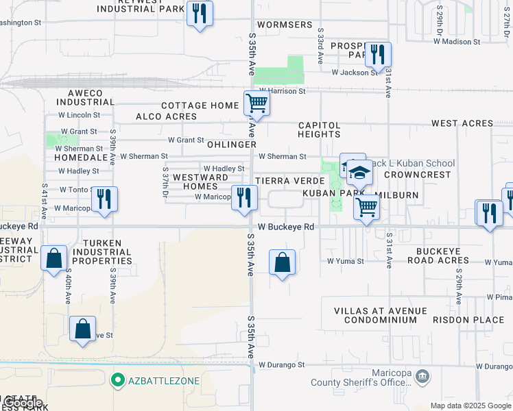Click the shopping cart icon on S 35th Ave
(256, 103)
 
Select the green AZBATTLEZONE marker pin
(117, 379)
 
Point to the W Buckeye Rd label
(286, 227)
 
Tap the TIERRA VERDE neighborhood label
(289, 181)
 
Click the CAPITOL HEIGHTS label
(320, 130)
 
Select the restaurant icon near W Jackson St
(378, 53)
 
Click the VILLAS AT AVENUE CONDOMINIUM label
(380, 316)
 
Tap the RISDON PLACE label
(468, 320)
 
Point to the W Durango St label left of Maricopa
(281, 366)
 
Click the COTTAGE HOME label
(200, 105)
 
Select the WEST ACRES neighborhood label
(462, 123)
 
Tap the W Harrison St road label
(283, 91)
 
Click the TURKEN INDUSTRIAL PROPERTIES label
(106, 252)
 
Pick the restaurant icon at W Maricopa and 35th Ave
(244, 198)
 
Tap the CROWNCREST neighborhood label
(417, 175)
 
